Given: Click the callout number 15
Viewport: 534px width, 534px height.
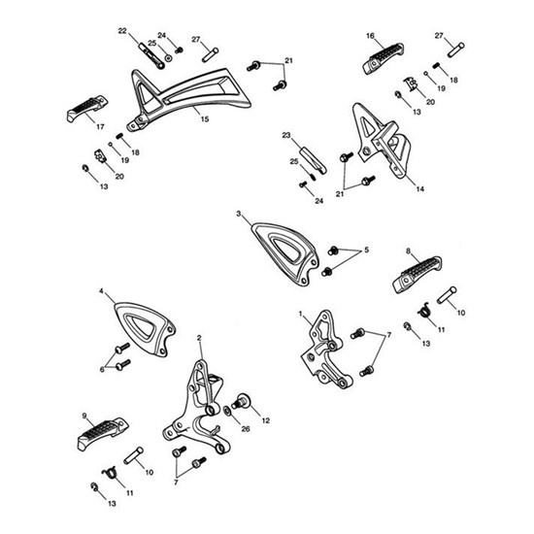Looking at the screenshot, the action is tap(204, 119).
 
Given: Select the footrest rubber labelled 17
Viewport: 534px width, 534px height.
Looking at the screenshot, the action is tap(86, 108).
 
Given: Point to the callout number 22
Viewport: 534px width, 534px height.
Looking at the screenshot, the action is tap(122, 31).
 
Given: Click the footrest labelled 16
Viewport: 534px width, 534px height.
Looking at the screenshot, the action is tap(384, 58).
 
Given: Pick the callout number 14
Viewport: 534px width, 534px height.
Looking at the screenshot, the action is tap(420, 189).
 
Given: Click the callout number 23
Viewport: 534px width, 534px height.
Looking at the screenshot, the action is tap(286, 135).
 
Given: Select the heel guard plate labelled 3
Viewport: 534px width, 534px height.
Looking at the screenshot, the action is tap(285, 253).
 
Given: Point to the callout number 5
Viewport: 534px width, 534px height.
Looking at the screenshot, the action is tap(366, 250).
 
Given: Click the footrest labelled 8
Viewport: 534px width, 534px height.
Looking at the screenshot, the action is tap(417, 275).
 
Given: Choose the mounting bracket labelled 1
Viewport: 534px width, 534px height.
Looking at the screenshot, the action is tap(326, 350).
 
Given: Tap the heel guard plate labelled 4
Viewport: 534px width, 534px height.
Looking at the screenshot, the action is tap(145, 329).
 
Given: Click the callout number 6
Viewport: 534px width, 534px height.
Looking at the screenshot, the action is tap(102, 370).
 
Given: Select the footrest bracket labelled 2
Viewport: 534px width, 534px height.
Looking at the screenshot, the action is tap(197, 409).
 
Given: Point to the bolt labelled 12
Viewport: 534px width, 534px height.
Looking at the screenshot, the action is tap(241, 401).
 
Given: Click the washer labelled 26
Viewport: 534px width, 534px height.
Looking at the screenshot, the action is tap(227, 412).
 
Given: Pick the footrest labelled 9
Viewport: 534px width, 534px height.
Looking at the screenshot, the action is tap(103, 434).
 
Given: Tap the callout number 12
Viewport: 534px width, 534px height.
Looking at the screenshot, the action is tap(266, 420).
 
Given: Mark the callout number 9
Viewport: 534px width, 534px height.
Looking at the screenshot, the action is tap(84, 416).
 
